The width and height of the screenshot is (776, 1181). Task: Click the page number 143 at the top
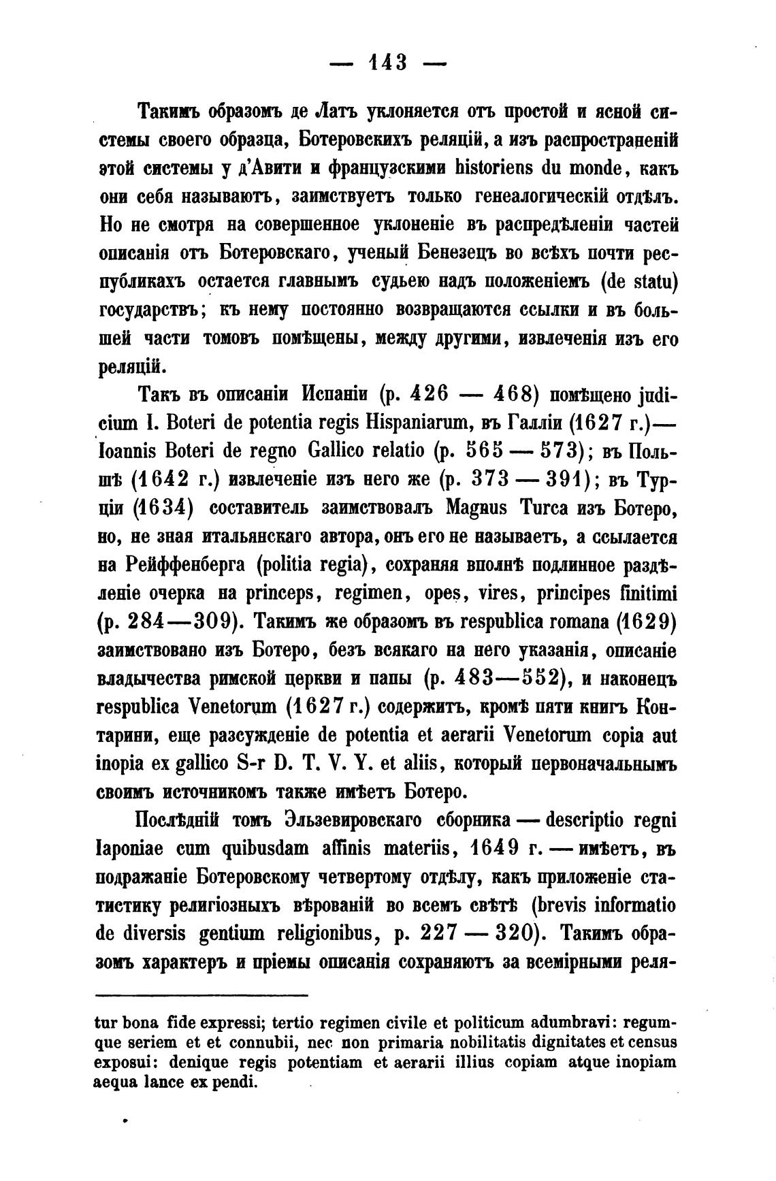tap(387, 63)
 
